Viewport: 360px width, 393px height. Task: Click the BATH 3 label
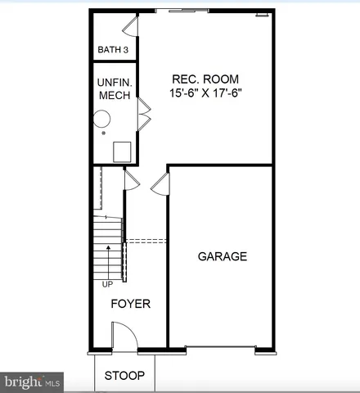(x=113, y=50)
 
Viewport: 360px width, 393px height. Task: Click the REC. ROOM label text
(x=205, y=79)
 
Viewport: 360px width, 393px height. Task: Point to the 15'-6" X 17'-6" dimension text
(x=205, y=93)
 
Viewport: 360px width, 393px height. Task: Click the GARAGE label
(x=222, y=256)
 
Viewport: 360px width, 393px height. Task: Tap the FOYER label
(x=131, y=304)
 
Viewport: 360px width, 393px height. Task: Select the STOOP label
(x=124, y=376)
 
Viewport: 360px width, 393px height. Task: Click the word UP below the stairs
(x=107, y=285)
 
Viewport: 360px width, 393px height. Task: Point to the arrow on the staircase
(x=108, y=246)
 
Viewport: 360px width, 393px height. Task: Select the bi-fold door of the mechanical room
(x=144, y=114)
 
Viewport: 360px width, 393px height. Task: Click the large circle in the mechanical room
(x=101, y=120)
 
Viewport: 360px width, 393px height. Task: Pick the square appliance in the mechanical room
(x=123, y=151)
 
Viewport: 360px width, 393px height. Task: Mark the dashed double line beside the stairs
(x=145, y=241)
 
